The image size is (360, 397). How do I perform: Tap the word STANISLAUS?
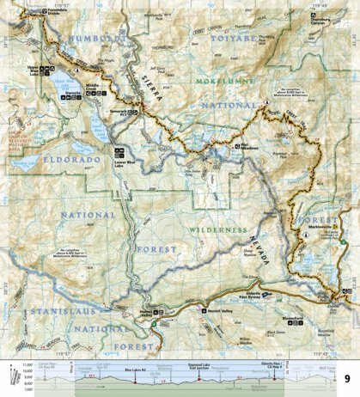pyautogui.click(x=57, y=307)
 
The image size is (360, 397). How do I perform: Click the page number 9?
pyautogui.click(x=347, y=379)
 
